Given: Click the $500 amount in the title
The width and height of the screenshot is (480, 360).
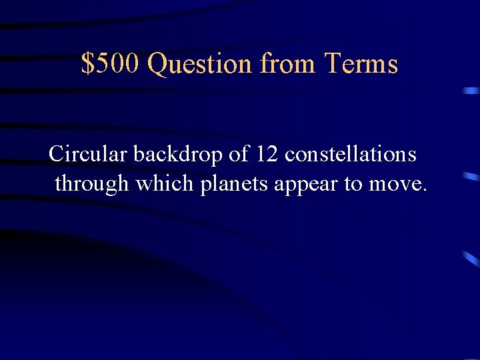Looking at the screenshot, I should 111,64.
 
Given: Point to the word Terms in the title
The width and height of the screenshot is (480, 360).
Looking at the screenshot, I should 361,64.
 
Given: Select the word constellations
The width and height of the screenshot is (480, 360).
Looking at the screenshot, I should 351,154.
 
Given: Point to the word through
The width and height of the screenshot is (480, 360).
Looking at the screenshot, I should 92,183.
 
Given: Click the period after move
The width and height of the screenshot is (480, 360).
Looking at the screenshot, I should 423,190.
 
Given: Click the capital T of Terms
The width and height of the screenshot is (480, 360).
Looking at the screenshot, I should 333,64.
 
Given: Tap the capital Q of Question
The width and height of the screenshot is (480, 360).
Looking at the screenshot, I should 157,65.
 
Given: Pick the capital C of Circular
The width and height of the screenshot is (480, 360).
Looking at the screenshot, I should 56,154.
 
